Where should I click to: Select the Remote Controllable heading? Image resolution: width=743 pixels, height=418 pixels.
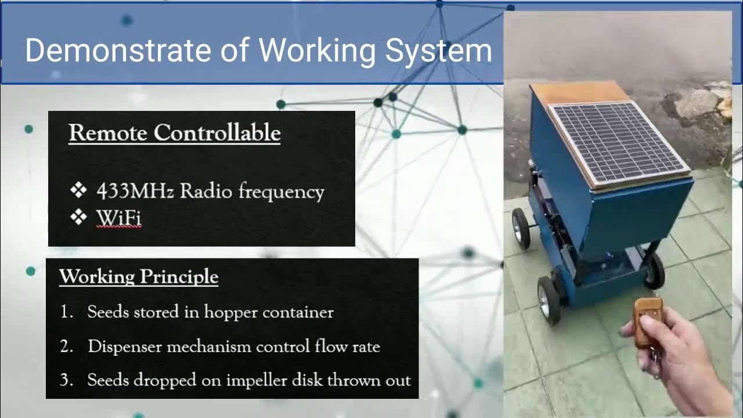[x=174, y=133]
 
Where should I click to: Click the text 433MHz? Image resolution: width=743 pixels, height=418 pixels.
[x=135, y=191]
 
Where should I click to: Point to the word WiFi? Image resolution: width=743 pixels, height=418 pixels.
[x=118, y=218]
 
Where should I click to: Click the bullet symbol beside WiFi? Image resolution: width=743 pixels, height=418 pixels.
[x=78, y=217]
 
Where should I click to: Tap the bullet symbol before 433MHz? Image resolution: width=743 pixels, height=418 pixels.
[x=78, y=190]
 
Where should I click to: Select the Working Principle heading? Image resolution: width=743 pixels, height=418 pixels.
[x=139, y=276]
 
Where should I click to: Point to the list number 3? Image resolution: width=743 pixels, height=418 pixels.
[x=66, y=380]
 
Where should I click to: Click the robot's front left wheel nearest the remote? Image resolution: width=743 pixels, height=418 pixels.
[x=549, y=298]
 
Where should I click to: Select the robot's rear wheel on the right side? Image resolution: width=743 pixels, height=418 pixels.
[x=655, y=271]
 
